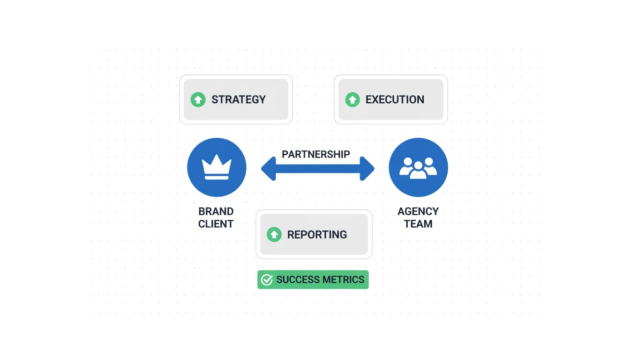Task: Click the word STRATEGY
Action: click(x=238, y=99)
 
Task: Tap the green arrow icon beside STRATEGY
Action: click(x=198, y=99)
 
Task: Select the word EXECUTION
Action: click(x=395, y=99)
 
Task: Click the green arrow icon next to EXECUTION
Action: click(x=352, y=99)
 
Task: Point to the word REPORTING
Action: click(x=317, y=234)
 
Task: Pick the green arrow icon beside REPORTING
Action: click(x=274, y=234)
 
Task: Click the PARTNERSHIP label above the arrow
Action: click(x=316, y=154)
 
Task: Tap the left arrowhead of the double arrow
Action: click(x=269, y=169)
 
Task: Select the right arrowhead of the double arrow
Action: click(x=367, y=169)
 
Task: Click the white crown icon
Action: click(x=217, y=167)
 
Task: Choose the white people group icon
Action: click(x=418, y=168)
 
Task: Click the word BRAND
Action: click(x=216, y=211)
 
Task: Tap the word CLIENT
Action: click(x=216, y=224)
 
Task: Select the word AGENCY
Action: click(x=418, y=211)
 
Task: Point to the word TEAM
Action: click(x=418, y=224)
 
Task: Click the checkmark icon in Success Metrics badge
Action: click(x=267, y=280)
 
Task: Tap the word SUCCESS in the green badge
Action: click(x=297, y=280)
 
